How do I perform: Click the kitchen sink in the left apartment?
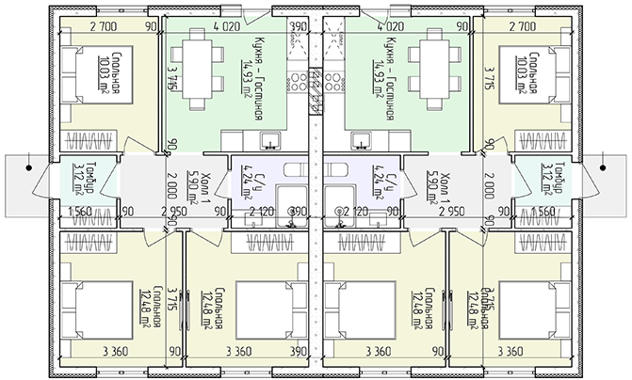click(270, 141)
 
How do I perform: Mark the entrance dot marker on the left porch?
click(30, 169)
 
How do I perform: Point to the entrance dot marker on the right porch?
click(602, 169)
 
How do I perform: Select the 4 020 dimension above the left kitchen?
click(226, 27)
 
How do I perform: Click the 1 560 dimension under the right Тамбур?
click(543, 212)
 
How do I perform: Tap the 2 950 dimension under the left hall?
click(174, 212)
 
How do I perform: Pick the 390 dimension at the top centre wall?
click(300, 27)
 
